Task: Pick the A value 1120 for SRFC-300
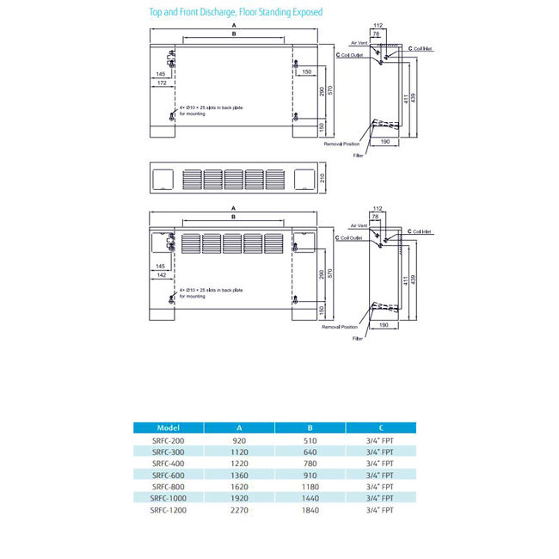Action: point(238,451)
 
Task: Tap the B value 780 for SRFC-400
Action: point(310,463)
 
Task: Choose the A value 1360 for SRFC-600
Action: point(238,475)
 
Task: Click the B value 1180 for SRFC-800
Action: point(310,487)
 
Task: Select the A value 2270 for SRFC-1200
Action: point(238,510)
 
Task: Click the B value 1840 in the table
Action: point(310,510)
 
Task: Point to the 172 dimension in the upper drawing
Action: point(162,83)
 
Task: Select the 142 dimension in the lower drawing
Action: point(162,276)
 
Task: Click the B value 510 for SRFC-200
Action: point(310,439)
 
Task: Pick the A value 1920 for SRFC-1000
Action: point(238,498)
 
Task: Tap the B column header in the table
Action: point(310,427)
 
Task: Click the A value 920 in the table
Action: point(238,439)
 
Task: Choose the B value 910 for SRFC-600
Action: point(310,475)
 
